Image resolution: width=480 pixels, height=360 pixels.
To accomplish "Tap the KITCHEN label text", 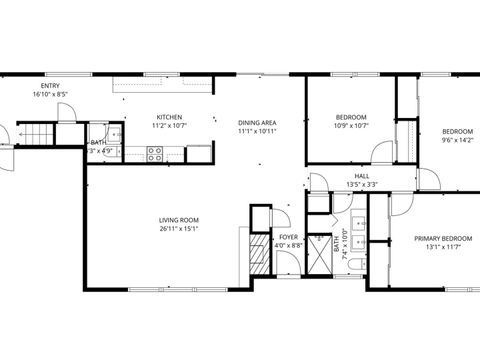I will click(168, 116).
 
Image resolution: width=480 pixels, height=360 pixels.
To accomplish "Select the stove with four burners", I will click(156, 153).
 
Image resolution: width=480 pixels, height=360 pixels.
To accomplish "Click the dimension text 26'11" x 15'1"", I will click(179, 228).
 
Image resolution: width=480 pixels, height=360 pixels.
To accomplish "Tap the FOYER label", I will click(288, 237).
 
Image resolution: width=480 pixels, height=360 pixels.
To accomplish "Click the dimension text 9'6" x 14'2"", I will click(458, 141).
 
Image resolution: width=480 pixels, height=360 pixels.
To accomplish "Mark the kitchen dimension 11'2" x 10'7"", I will click(168, 126).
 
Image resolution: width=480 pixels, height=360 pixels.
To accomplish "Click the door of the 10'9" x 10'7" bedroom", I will click(380, 153).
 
